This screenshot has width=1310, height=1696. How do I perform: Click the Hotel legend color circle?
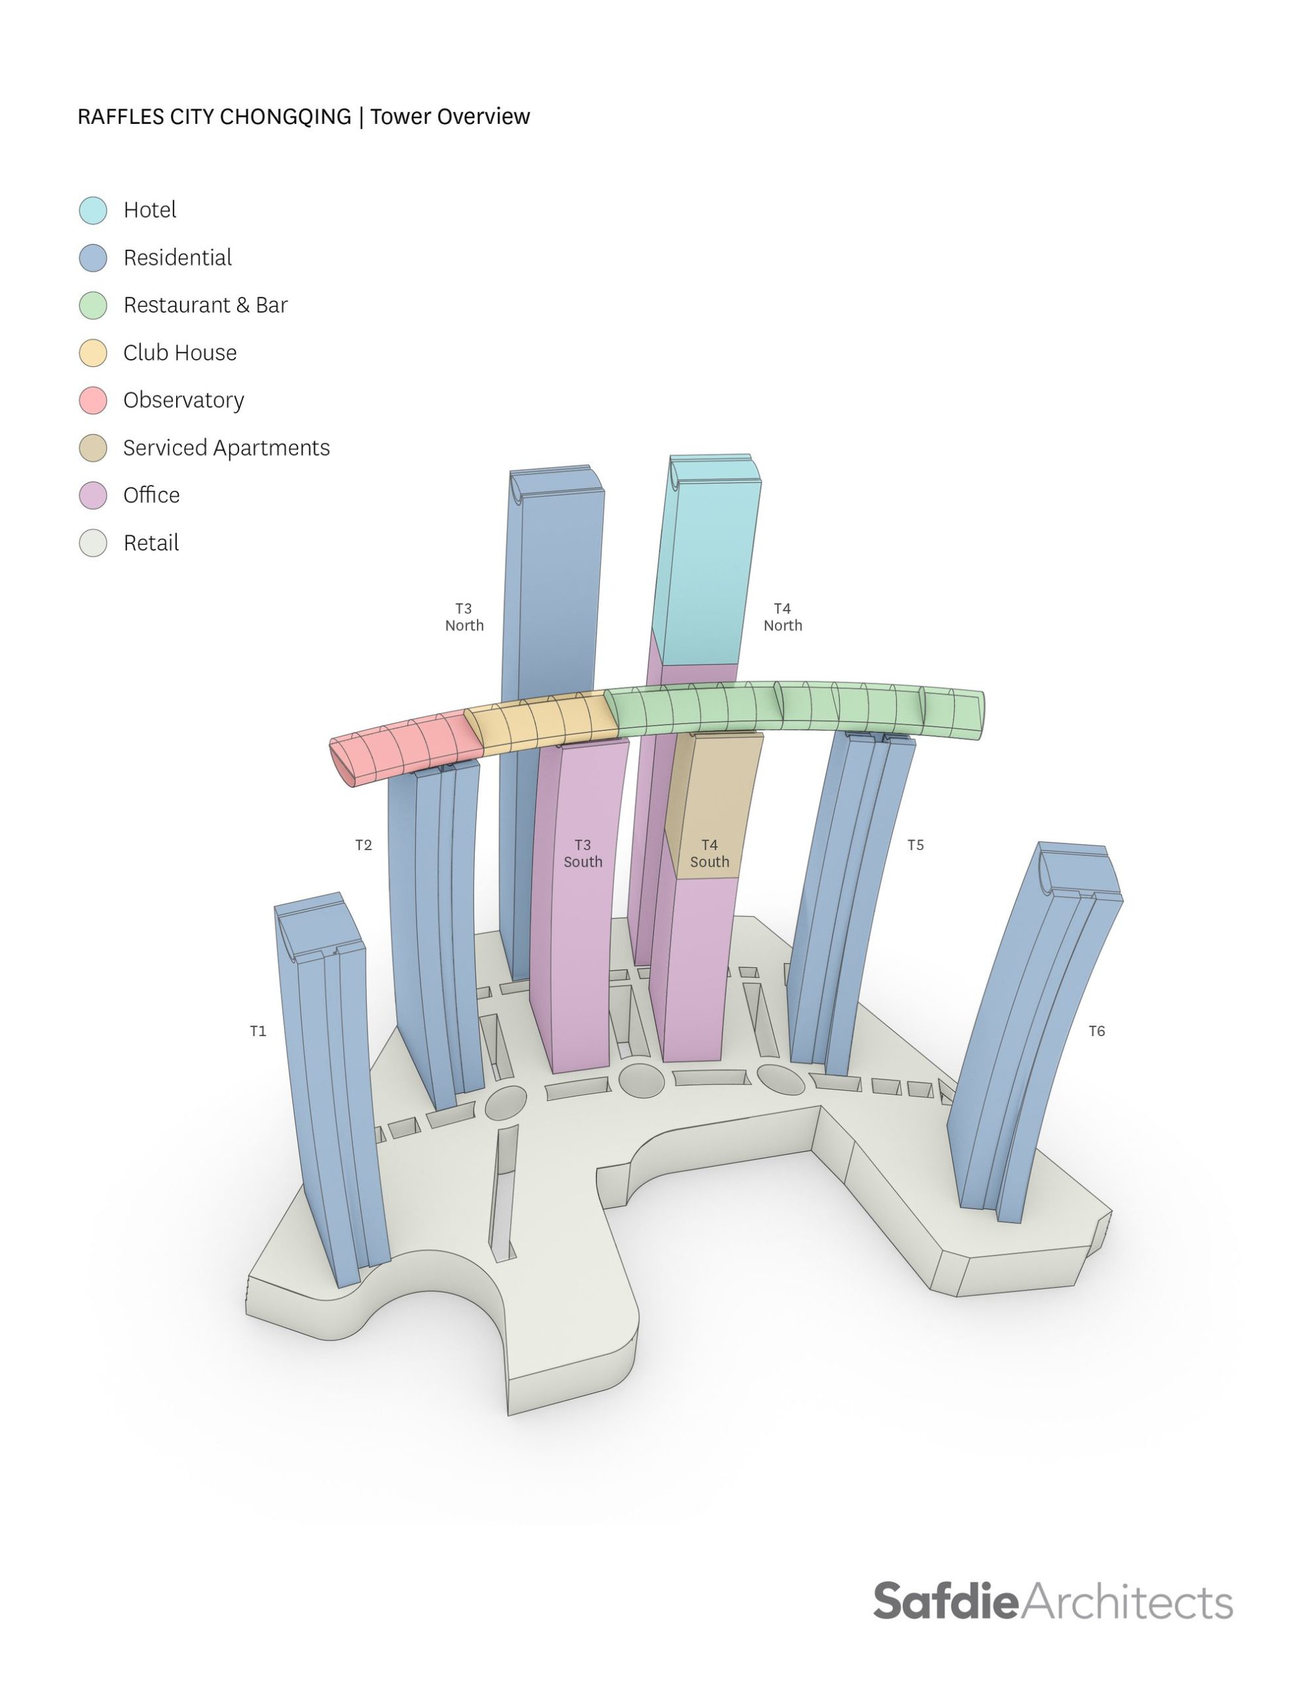tap(93, 211)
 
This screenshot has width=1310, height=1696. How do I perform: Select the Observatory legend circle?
tap(93, 401)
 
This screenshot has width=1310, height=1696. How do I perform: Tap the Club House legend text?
tap(179, 352)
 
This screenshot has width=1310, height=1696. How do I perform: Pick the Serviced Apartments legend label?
tap(226, 448)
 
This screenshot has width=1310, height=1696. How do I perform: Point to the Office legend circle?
tap(93, 496)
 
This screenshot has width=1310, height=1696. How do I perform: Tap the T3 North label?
tap(464, 617)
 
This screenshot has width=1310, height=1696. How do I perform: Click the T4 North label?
tap(782, 617)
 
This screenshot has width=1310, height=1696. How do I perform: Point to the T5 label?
tap(915, 845)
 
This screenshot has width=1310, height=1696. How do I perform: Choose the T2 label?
tap(364, 845)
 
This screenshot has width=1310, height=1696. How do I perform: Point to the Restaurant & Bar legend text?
tap(205, 305)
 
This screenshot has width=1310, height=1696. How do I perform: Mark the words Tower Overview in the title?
tap(450, 117)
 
